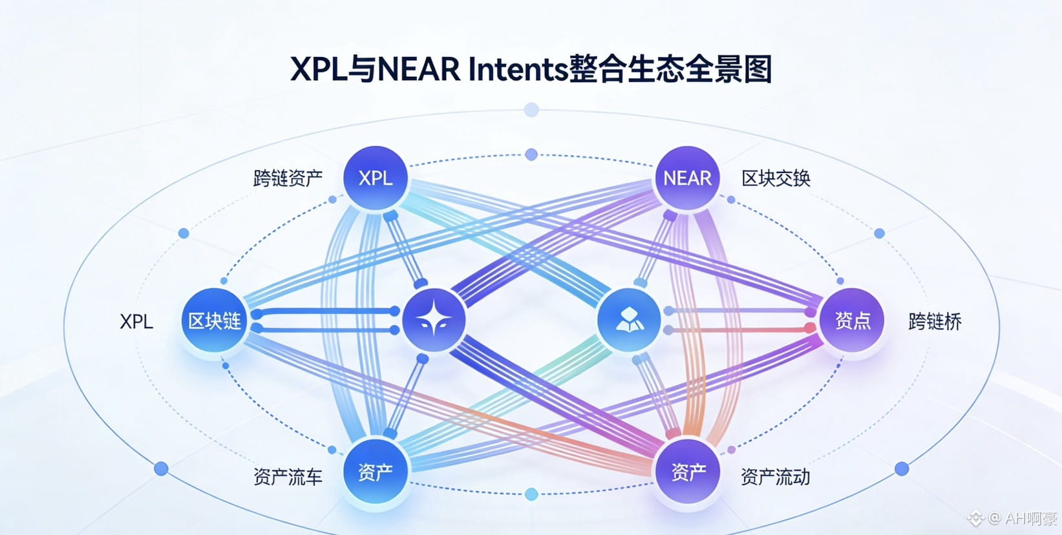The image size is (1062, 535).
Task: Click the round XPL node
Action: pyautogui.click(x=376, y=178)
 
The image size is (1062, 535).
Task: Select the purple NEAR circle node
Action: pyautogui.click(x=687, y=178)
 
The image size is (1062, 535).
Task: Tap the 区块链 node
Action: pyautogui.click(x=215, y=320)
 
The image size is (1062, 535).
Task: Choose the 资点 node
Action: pyautogui.click(x=853, y=320)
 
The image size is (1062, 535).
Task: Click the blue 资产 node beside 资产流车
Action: pyautogui.click(x=376, y=472)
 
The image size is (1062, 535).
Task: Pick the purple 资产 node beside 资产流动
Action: pyautogui.click(x=688, y=472)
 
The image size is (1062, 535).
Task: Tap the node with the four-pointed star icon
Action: pyautogui.click(x=434, y=320)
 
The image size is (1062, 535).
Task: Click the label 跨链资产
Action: pyautogui.click(x=288, y=178)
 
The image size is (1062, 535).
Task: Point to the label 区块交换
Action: pyautogui.click(x=776, y=178)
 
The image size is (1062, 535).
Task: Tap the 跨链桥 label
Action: pyautogui.click(x=935, y=321)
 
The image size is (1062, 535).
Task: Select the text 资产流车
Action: pyautogui.click(x=288, y=477)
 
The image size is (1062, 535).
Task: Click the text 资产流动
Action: pyautogui.click(x=775, y=477)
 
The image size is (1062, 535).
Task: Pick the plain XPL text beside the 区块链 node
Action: pyautogui.click(x=136, y=321)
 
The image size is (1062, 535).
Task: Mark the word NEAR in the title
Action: pyautogui.click(x=418, y=69)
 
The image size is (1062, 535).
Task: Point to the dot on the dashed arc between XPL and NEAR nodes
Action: pyautogui.click(x=531, y=154)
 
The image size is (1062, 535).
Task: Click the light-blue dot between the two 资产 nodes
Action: pyautogui.click(x=531, y=494)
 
